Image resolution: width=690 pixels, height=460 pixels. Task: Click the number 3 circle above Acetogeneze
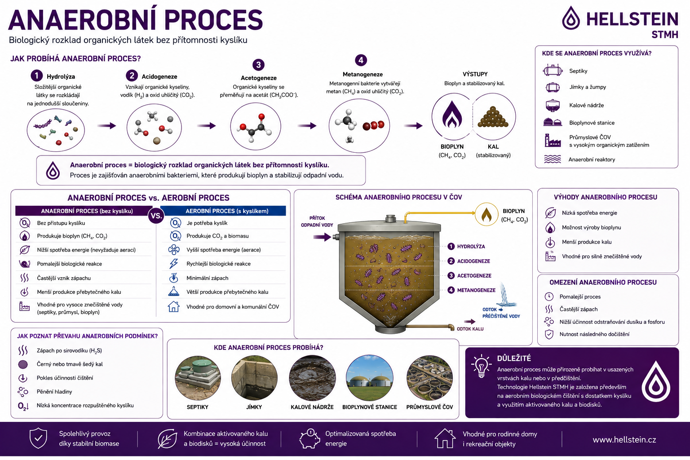coord(258,65)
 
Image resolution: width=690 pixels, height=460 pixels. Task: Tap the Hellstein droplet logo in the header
coord(571,18)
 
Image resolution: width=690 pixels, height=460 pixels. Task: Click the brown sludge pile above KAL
coord(493,117)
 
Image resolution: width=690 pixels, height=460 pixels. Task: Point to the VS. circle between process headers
coord(156,215)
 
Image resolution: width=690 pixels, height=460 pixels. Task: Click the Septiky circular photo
coord(198,378)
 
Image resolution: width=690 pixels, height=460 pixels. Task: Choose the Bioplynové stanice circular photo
coord(369,378)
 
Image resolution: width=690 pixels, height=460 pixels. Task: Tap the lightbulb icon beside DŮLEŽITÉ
coord(481,366)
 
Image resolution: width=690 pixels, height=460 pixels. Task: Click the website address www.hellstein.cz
coord(624,439)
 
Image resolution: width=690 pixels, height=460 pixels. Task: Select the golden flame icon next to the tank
coord(487,214)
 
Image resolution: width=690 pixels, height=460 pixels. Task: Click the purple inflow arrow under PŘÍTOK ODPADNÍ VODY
coord(322,237)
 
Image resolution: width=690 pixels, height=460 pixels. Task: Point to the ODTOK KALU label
coord(470,329)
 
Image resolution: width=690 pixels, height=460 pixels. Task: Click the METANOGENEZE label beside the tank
coord(476,290)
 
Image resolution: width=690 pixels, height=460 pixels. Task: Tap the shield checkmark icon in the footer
coord(38,438)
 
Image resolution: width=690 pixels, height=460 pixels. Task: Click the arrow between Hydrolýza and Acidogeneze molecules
coord(106,126)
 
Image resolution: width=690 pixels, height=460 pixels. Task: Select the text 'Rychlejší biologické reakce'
coord(218,264)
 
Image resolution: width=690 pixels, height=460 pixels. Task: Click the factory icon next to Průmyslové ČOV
coord(552,141)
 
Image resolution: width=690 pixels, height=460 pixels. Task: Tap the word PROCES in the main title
coord(213,20)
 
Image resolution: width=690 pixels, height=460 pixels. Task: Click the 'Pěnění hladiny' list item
coord(54,392)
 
